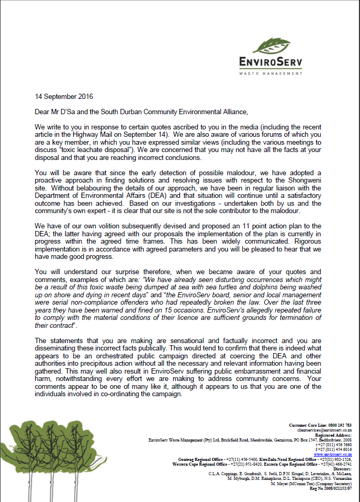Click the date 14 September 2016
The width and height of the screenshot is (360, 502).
click(64, 96)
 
